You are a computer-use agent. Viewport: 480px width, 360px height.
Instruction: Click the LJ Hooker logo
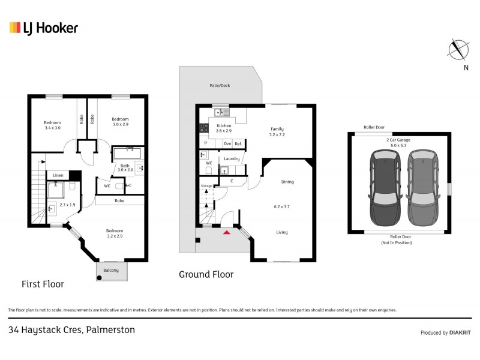click(x=43, y=28)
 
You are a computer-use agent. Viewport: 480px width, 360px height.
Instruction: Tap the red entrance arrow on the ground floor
click(x=226, y=232)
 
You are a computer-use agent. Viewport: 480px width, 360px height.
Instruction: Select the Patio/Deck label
click(x=220, y=86)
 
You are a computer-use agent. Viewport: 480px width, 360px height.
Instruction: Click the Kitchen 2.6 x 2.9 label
click(x=223, y=128)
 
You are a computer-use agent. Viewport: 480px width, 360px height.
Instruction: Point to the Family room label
click(x=277, y=131)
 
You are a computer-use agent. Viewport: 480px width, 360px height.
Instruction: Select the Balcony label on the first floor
click(x=111, y=271)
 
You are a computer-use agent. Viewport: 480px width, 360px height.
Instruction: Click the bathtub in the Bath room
click(x=127, y=152)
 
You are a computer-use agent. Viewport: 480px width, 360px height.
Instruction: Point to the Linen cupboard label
click(x=58, y=175)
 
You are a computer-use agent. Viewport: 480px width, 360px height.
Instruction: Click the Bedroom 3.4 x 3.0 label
click(x=52, y=125)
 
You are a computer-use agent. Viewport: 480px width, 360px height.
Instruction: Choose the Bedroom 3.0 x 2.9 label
click(x=120, y=122)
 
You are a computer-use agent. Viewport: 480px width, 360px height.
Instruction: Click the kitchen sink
click(x=222, y=112)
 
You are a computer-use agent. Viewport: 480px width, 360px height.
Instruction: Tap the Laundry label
click(x=232, y=159)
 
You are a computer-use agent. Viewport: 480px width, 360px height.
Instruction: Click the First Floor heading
click(x=43, y=284)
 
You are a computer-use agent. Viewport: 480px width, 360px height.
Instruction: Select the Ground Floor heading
click(x=206, y=274)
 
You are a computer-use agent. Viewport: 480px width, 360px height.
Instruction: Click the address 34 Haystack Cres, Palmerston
click(x=71, y=330)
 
